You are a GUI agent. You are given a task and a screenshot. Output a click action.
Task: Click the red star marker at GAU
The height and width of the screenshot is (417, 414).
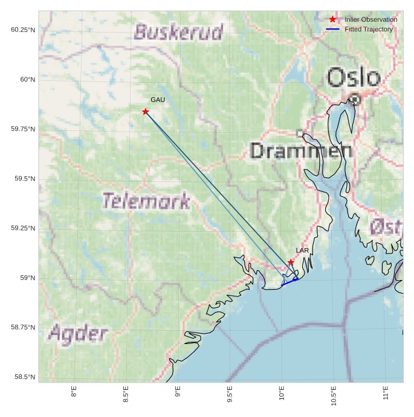(x=146, y=112)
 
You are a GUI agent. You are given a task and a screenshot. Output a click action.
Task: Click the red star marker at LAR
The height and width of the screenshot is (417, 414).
(x=291, y=262)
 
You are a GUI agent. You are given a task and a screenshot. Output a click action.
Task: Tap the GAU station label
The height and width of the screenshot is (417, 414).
(x=158, y=100)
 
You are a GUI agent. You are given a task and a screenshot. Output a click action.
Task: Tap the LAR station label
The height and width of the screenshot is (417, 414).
(x=302, y=250)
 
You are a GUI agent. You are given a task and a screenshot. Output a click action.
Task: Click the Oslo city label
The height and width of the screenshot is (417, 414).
(x=354, y=78)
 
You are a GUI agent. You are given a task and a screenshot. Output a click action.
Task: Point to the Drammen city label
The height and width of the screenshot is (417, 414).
(x=301, y=151)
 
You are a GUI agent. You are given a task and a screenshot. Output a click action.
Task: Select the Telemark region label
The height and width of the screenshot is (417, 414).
(x=146, y=200)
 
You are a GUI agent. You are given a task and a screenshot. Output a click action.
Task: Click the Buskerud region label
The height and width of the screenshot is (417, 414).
(x=178, y=31)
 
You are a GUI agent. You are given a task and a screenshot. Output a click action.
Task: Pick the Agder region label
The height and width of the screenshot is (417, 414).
(x=78, y=333)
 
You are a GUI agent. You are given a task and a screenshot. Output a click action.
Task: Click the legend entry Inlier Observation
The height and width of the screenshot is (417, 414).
(x=370, y=19)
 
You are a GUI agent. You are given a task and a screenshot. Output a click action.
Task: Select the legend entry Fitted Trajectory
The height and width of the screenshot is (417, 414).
(x=368, y=29)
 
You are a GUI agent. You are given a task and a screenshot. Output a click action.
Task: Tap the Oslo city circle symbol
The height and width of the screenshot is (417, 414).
(x=355, y=99)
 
